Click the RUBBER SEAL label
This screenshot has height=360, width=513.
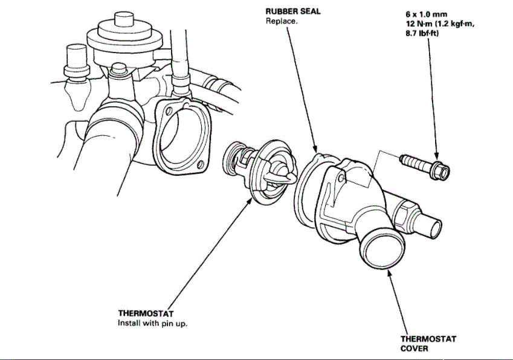(293, 11)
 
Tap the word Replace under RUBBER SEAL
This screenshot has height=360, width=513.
(281, 21)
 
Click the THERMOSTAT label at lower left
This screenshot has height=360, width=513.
(146, 313)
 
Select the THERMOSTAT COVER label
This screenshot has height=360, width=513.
(428, 344)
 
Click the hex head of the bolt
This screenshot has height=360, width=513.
(442, 173)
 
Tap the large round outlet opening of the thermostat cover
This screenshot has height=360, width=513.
(380, 249)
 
